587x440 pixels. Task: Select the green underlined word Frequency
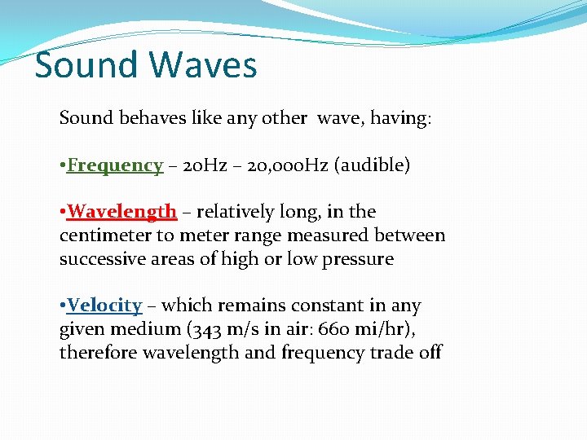tap(115, 165)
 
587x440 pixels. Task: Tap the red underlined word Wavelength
tap(122, 212)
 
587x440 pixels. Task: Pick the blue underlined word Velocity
tap(104, 306)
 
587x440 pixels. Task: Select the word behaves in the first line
tap(149, 118)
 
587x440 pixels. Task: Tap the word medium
tap(147, 329)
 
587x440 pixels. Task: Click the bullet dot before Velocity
tap(63, 306)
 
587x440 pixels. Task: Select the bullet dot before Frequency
tap(63, 165)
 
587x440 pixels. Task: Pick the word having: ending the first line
tap(401, 118)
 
